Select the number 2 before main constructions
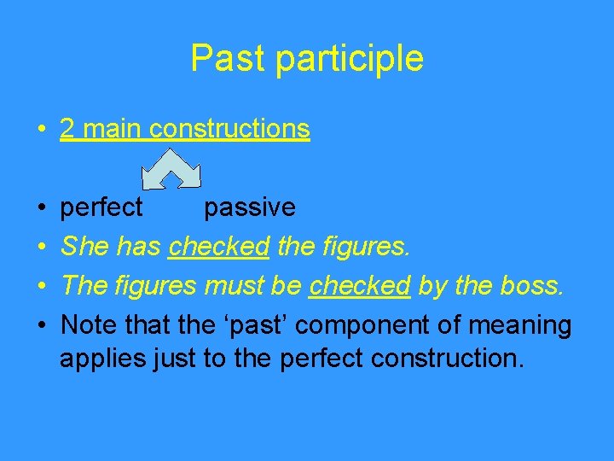67,129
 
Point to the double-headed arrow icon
171,169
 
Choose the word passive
250,207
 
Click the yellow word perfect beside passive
102,207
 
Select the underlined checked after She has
219,247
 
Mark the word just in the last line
175,359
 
